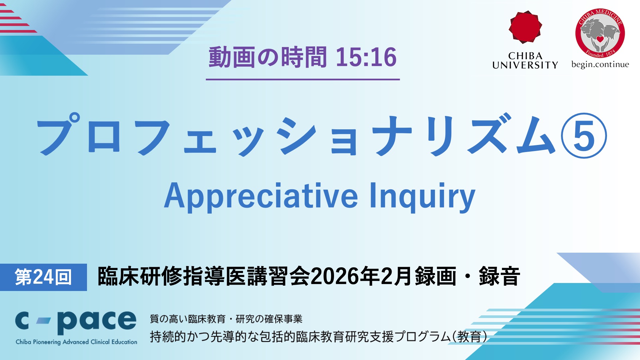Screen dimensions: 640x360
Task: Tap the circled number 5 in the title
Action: (x=584, y=136)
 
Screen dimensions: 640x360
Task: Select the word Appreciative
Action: (x=261, y=196)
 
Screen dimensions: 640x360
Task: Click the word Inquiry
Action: (x=422, y=196)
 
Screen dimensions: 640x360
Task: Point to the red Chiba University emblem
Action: (x=525, y=27)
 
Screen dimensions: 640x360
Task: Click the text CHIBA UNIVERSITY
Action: (x=525, y=60)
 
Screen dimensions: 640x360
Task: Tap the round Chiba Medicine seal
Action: (x=600, y=33)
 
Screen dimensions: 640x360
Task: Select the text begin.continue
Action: (x=600, y=64)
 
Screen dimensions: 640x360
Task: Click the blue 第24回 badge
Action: (x=43, y=277)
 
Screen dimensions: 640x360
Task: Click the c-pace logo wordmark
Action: (x=76, y=322)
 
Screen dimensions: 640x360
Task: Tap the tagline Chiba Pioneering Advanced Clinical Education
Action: (x=76, y=342)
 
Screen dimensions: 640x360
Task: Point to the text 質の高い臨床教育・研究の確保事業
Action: (x=226, y=319)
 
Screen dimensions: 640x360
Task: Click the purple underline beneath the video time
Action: (x=303, y=80)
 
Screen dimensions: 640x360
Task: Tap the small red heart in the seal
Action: (x=600, y=39)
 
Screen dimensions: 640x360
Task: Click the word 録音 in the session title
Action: (x=499, y=276)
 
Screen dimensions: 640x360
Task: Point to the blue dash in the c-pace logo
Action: (x=43, y=321)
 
